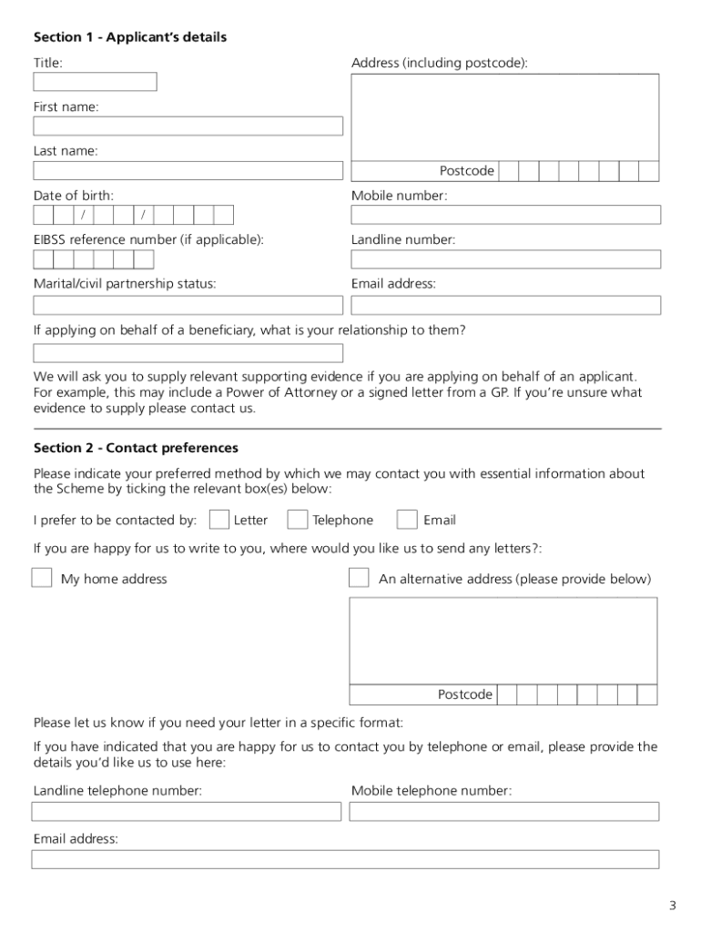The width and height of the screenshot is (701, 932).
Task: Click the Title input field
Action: click(x=95, y=82)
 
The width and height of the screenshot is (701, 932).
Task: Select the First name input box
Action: click(x=188, y=127)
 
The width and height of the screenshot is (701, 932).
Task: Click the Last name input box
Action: click(x=188, y=170)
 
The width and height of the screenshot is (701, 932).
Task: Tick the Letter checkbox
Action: click(x=218, y=520)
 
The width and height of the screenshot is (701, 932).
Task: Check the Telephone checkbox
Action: click(x=297, y=520)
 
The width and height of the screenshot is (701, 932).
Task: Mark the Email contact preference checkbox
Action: click(x=408, y=520)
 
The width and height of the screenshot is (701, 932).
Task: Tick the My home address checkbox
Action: click(x=42, y=578)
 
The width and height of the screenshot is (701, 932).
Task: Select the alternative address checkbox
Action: click(x=360, y=578)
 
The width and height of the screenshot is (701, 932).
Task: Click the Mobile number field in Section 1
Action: click(x=505, y=215)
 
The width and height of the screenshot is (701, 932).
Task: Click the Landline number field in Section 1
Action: click(x=505, y=259)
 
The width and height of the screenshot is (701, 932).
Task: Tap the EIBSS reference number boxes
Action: click(x=94, y=259)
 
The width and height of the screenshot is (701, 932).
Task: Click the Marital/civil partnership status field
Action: click(x=188, y=305)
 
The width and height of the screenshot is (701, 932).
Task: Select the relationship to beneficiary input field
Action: click(x=188, y=353)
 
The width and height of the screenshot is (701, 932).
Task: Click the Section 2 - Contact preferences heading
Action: click(x=136, y=448)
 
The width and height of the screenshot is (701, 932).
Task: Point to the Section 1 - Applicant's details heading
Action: click(x=130, y=37)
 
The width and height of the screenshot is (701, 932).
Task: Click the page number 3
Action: click(x=672, y=905)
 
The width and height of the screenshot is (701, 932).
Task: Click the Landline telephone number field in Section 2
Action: click(x=187, y=811)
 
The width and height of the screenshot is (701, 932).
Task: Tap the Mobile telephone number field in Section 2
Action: click(x=503, y=811)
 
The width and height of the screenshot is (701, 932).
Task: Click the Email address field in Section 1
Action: click(x=505, y=305)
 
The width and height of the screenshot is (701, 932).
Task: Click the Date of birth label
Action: click(x=74, y=196)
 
